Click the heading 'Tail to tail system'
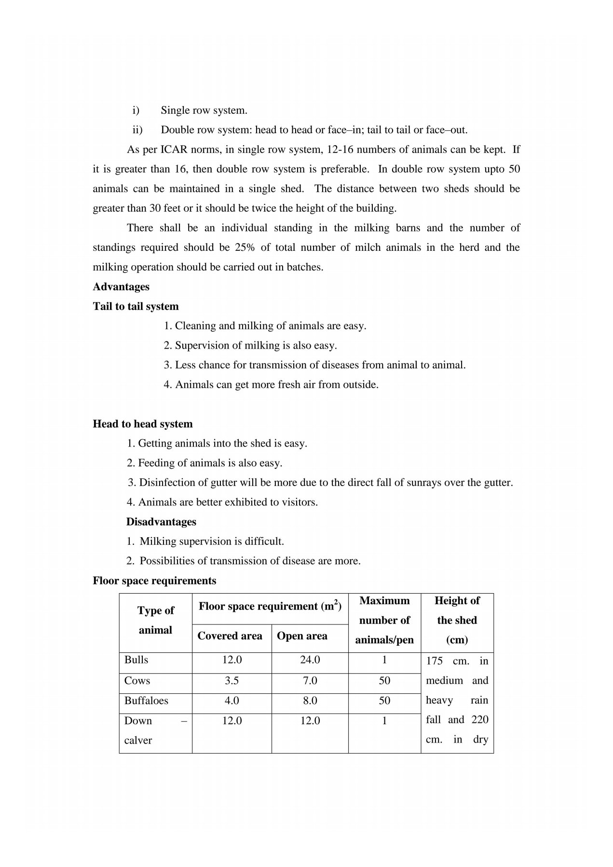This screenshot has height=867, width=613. click(136, 307)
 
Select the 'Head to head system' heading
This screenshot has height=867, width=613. click(143, 424)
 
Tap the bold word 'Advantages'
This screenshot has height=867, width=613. click(121, 287)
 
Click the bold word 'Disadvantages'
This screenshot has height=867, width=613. click(161, 522)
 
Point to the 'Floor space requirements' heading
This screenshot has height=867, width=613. click(154, 581)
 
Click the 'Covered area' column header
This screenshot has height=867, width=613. click(230, 636)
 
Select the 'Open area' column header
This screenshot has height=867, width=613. click(302, 636)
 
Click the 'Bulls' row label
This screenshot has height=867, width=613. click(136, 660)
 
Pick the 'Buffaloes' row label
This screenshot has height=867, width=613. click(146, 701)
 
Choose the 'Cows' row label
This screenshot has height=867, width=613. click(137, 681)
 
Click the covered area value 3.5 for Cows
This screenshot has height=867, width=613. click(232, 681)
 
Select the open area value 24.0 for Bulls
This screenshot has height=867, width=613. click(310, 660)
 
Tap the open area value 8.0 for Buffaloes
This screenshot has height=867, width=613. click(310, 701)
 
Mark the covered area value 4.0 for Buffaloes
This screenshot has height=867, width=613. click(232, 701)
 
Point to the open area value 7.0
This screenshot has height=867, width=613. click(310, 681)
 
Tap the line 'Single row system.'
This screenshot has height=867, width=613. click(204, 110)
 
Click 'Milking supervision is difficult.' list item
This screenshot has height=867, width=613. click(212, 542)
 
